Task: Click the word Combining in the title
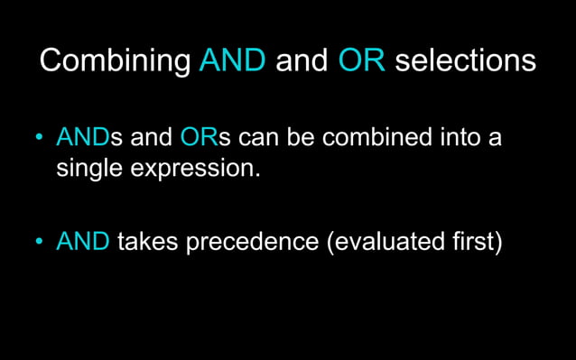click(116, 60)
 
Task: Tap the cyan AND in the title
click(233, 60)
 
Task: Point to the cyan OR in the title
click(362, 60)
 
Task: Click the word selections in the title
click(465, 60)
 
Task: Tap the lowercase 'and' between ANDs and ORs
click(151, 139)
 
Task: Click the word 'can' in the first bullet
click(261, 139)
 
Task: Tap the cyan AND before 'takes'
click(83, 241)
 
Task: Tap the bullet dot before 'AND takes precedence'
click(39, 242)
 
